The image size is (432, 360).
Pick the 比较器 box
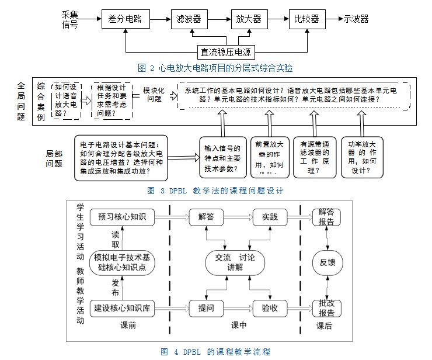point(307,19)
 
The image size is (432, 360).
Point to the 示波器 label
point(356,19)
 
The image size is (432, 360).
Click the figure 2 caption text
point(215,68)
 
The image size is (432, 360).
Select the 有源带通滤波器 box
point(313,156)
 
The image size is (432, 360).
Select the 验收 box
point(269,308)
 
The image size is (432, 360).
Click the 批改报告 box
point(326,308)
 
